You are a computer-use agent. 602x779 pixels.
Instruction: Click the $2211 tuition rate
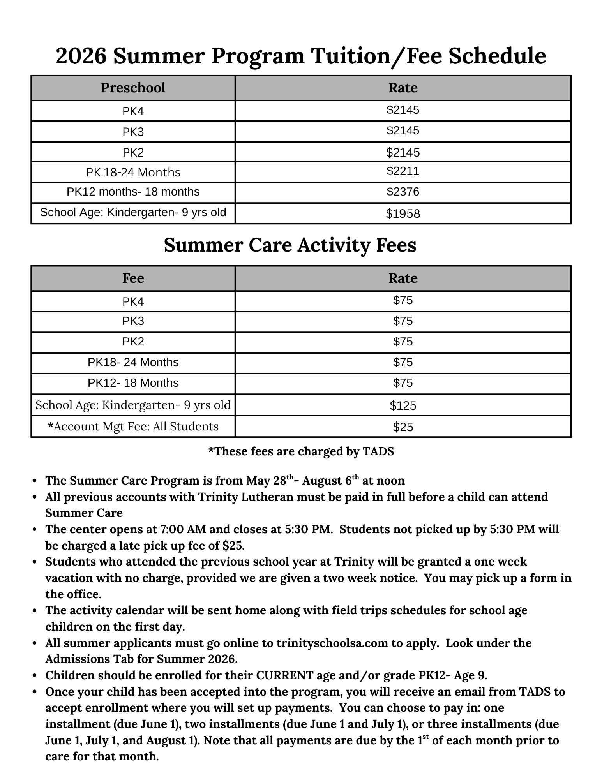tap(403, 171)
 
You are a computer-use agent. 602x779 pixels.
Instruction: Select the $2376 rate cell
tap(403, 192)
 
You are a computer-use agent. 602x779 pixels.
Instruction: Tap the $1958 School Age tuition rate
tap(403, 213)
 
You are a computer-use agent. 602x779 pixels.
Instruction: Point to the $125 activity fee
tap(403, 406)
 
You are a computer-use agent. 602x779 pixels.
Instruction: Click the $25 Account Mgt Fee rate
tap(403, 427)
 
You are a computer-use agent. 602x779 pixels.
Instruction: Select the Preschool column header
tap(133, 88)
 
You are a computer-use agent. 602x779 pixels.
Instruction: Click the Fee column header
tap(133, 278)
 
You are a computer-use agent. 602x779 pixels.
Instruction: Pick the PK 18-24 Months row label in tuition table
tap(133, 172)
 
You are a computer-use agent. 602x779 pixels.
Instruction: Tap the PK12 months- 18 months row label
tap(133, 192)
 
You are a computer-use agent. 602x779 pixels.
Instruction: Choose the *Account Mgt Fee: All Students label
tap(133, 427)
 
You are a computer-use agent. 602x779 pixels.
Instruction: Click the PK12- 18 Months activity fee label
tap(133, 383)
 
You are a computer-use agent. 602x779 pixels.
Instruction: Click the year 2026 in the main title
tap(81, 56)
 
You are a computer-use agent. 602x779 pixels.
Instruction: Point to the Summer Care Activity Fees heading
tap(290, 245)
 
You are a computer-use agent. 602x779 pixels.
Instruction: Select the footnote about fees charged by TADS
tap(301, 451)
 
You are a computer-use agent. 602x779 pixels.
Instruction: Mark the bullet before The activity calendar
tap(35, 611)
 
